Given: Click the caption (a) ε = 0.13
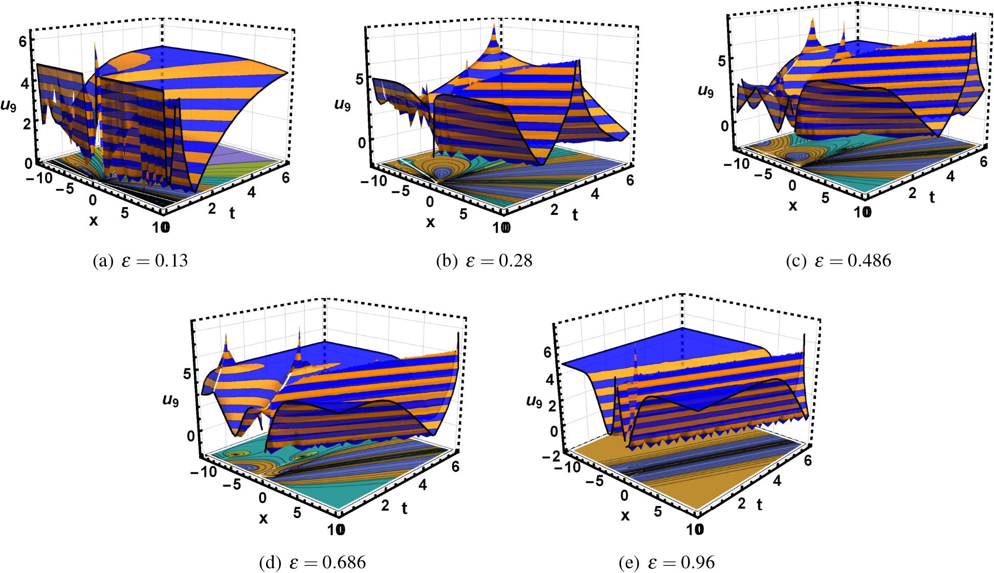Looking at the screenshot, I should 140,261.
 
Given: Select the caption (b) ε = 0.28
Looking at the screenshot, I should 483,261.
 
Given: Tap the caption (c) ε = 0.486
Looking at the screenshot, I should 838,261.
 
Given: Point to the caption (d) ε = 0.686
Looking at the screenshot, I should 313,563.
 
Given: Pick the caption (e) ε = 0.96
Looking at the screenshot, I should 666,563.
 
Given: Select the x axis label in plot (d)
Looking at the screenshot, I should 263,518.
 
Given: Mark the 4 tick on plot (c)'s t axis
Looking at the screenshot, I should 951,175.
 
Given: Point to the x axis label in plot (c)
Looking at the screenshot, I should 792,206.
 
